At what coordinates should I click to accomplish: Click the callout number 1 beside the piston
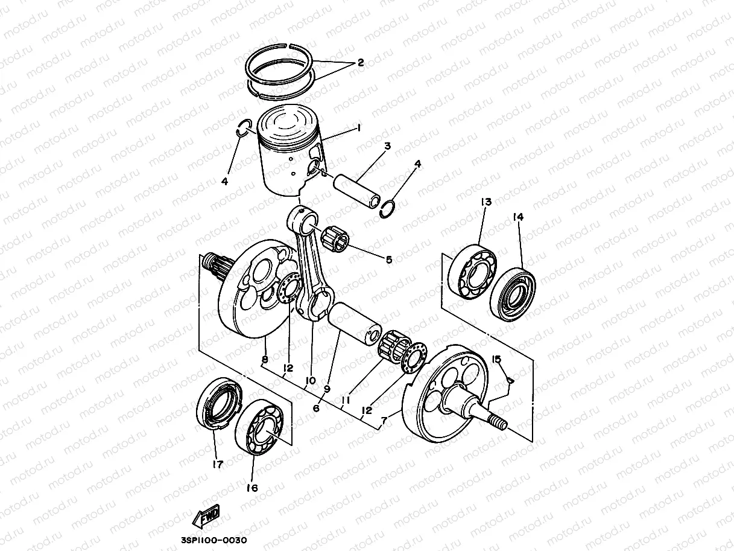pyautogui.click(x=358, y=128)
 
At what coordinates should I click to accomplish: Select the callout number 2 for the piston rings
pyautogui.click(x=360, y=62)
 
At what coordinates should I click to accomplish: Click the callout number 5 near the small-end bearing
pyautogui.click(x=389, y=260)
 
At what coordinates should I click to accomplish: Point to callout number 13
pyautogui.click(x=486, y=202)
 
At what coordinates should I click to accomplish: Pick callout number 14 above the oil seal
pyautogui.click(x=518, y=217)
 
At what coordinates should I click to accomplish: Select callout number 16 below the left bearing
pyautogui.click(x=252, y=488)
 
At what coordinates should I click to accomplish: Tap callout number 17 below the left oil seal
pyautogui.click(x=217, y=465)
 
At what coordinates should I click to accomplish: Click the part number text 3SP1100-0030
pyautogui.click(x=214, y=540)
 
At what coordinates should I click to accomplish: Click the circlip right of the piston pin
pyautogui.click(x=388, y=208)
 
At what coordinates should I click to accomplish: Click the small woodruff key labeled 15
pyautogui.click(x=510, y=380)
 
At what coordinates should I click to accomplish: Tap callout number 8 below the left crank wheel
pyautogui.click(x=264, y=360)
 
